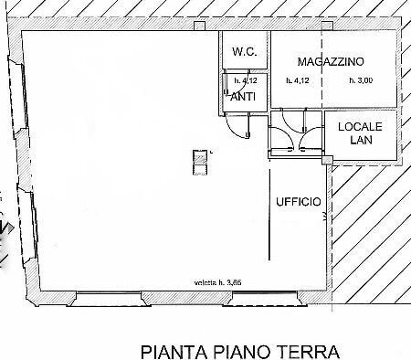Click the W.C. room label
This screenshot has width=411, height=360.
(x=243, y=52)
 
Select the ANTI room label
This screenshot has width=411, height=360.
(x=242, y=96)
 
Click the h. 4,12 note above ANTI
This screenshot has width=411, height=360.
(x=242, y=80)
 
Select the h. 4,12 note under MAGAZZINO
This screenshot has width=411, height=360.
(x=298, y=80)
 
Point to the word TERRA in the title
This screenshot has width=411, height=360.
(x=306, y=350)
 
